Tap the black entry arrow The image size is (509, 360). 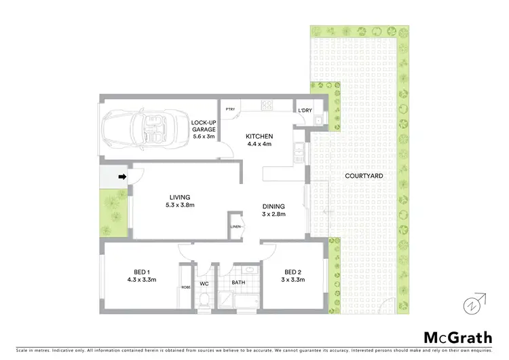point(123,178)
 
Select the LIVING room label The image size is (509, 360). point(180,198)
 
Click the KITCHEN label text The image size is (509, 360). point(258,135)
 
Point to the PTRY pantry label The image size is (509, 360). point(230,109)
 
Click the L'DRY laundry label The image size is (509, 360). point(305,109)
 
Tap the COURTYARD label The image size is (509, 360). point(364,176)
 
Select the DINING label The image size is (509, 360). point(274,206)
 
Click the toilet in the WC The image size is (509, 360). point(204,298)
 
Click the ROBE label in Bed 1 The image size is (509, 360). point(185,287)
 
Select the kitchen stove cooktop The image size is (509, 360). point(267,105)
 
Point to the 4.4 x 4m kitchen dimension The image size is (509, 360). point(258,143)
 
